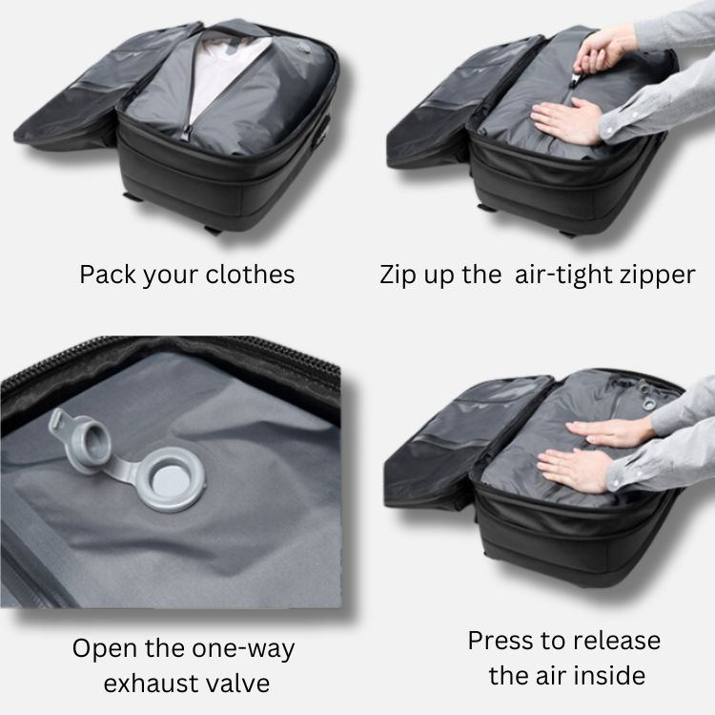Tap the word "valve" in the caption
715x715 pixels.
tap(236, 684)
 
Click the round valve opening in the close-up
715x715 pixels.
tap(172, 479)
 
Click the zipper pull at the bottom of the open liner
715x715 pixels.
tap(187, 133)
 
